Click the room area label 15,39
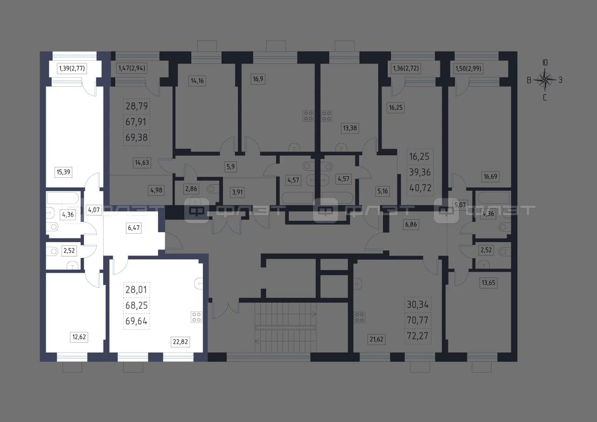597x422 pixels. (63, 172)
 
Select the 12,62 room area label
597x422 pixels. (79, 337)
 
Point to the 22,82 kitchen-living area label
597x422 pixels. (180, 341)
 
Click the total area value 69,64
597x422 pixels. (137, 321)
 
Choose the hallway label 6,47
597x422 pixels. (134, 228)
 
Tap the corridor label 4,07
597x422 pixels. (94, 210)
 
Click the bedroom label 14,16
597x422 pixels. (197, 81)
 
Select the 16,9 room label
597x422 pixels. (258, 79)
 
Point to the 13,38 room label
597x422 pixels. (350, 128)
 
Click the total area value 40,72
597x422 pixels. (420, 188)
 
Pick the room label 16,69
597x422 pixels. (490, 176)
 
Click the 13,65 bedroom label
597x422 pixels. (488, 283)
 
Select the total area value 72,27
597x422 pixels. (417, 336)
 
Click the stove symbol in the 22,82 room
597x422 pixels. (196, 317)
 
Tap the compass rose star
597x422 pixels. (545, 80)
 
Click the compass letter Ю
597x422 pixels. (545, 62)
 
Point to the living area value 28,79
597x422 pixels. (137, 106)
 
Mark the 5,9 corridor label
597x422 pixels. (230, 167)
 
